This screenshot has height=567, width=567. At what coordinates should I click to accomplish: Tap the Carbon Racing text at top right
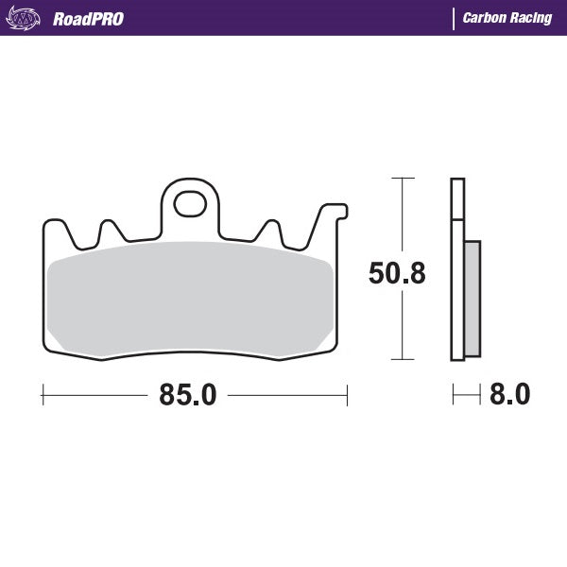click(507, 19)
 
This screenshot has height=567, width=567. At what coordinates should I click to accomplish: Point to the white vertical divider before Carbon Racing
click(453, 19)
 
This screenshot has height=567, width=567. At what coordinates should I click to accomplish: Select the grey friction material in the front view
click(189, 298)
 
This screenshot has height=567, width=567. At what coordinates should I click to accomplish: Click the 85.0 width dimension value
click(188, 394)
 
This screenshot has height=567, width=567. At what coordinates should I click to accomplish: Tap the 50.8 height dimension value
click(396, 274)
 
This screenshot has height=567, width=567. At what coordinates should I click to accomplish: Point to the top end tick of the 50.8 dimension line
click(404, 177)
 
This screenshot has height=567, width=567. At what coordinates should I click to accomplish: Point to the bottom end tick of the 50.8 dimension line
click(404, 360)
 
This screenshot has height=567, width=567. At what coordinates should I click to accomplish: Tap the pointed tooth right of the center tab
click(270, 230)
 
